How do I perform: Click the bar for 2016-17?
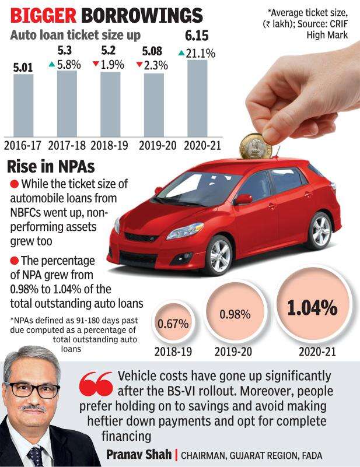23,105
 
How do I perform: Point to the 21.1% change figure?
201,54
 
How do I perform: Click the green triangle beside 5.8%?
52,64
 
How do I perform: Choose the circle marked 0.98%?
235,314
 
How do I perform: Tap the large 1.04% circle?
312,307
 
